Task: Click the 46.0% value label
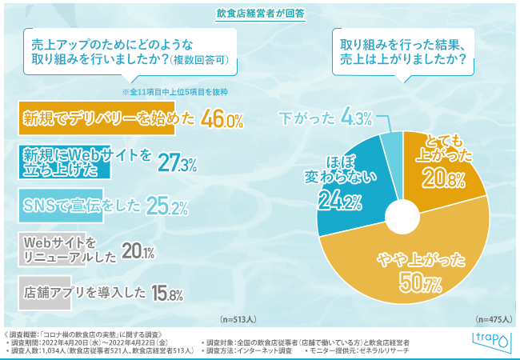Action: coord(222,120)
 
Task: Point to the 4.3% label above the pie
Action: coord(358,119)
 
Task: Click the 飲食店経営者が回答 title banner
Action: coord(260,14)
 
